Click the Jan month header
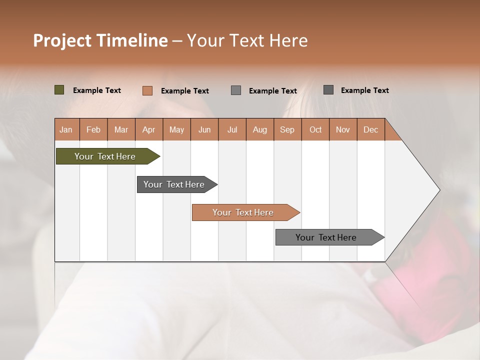tap(66, 129)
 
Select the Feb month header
tap(93, 129)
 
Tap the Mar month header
tap(121, 129)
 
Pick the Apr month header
tap(149, 129)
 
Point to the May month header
tap(176, 129)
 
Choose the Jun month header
tap(204, 129)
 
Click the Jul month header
tap(232, 129)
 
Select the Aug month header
tap(260, 129)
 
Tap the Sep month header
tap(287, 129)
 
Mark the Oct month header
tap(315, 129)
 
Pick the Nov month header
tap(343, 129)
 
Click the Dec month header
tap(370, 129)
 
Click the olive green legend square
tap(59, 90)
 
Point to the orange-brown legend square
tap(147, 90)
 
